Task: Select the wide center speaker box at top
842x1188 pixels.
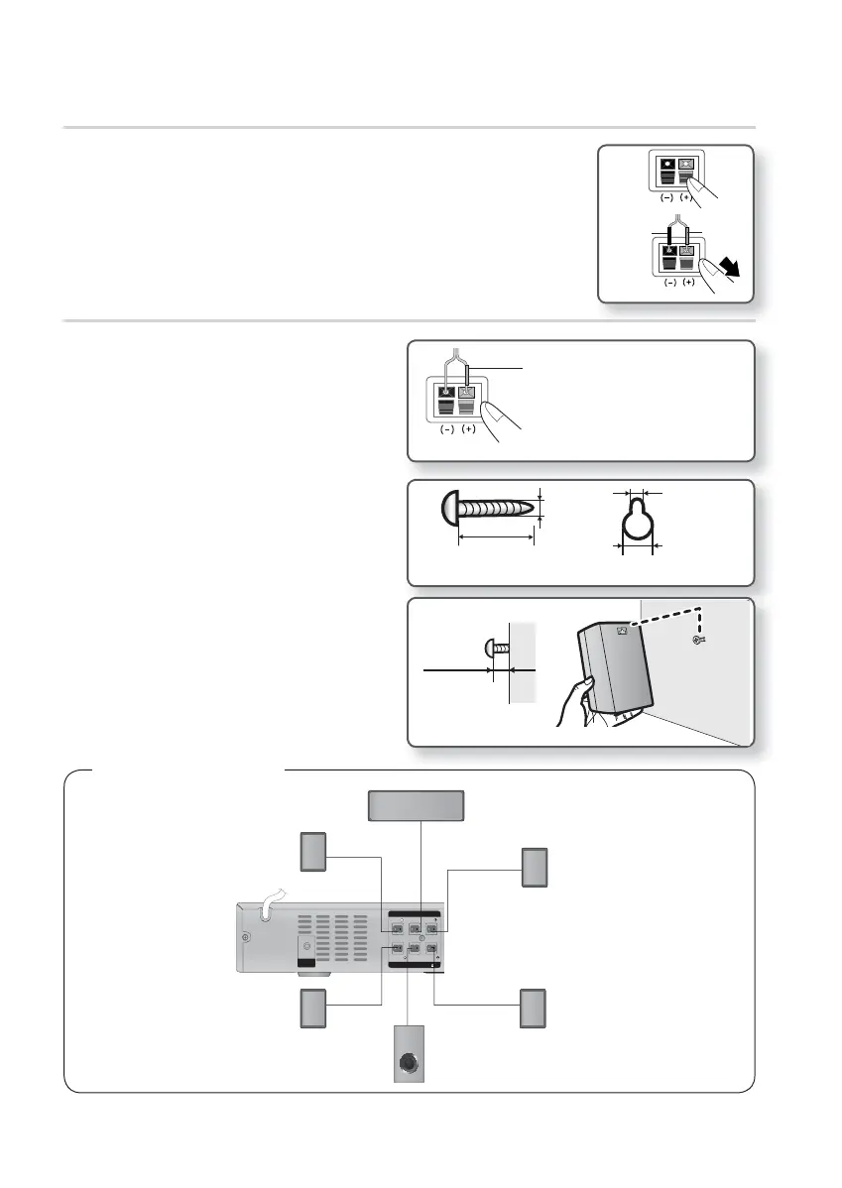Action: pyautogui.click(x=416, y=806)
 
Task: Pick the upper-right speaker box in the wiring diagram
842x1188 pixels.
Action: pyautogui.click(x=534, y=868)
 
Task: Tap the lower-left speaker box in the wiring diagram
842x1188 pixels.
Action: pyautogui.click(x=314, y=1009)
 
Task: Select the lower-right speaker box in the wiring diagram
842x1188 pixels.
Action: pyautogui.click(x=534, y=1008)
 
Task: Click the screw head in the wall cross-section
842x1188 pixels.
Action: pyautogui.click(x=489, y=649)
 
